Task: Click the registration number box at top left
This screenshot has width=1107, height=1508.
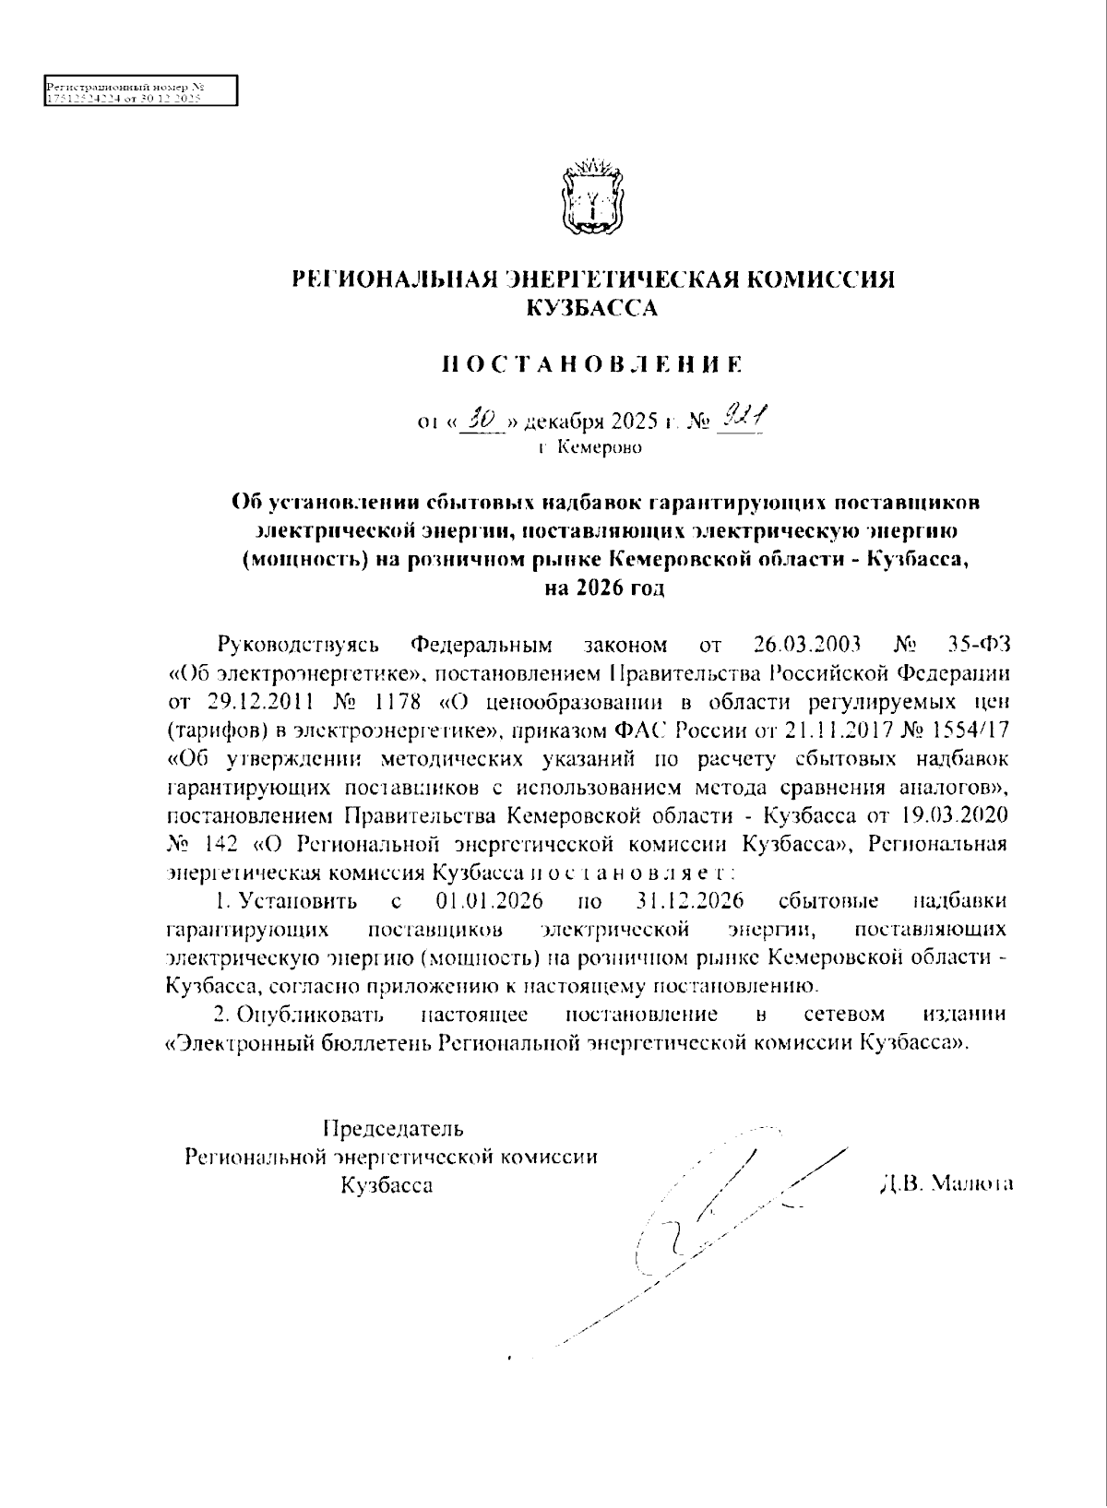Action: (141, 90)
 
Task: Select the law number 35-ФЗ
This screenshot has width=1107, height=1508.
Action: (980, 643)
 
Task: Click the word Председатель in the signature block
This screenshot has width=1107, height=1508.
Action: (393, 1128)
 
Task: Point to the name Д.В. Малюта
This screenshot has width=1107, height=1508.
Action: (946, 1182)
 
